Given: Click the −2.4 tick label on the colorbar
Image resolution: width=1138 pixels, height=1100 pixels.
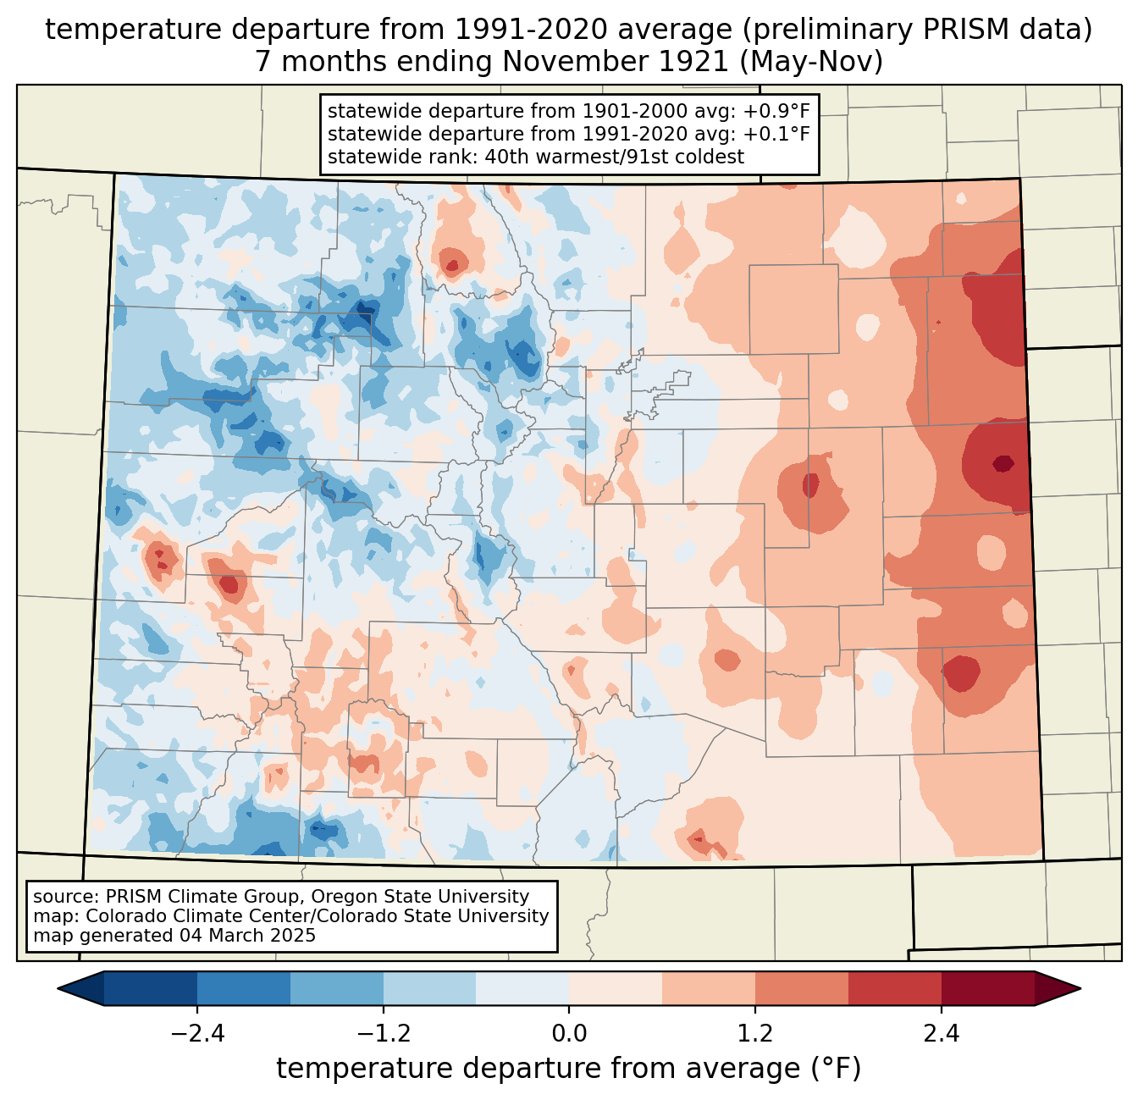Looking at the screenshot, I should [197, 1034].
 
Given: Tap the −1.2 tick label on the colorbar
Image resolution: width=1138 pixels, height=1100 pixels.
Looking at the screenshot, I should [384, 1034].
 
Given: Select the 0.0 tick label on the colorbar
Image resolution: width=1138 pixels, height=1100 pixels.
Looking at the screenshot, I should [569, 1034].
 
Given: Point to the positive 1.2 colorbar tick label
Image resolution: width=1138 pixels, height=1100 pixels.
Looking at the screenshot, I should [755, 1034].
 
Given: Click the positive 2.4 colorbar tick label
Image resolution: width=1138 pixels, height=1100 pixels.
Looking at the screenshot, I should [942, 1034].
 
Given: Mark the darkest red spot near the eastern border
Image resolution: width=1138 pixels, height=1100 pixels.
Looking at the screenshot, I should [1003, 463].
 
